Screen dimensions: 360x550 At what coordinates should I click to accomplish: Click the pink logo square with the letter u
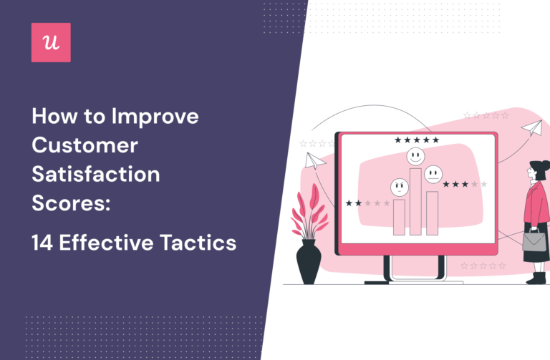point(51,42)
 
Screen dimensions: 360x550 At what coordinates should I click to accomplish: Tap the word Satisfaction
point(96,175)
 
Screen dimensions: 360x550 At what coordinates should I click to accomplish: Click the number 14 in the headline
point(44,243)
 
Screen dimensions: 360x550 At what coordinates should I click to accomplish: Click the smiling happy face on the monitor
point(415,155)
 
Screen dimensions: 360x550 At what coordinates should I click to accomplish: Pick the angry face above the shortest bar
point(398,188)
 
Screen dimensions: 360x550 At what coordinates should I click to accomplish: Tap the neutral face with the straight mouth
point(432,174)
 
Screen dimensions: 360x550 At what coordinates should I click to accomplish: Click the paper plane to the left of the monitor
point(312,160)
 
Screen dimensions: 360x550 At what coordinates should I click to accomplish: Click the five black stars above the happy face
point(415,140)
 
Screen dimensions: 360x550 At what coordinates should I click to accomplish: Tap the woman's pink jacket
point(536,208)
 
